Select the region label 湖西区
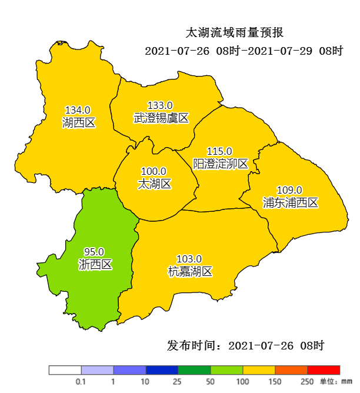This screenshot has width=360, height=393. (x=78, y=122)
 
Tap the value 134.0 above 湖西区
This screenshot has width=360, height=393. (x=78, y=110)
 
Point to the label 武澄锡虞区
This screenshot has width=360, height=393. (x=161, y=118)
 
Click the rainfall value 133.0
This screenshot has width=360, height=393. (x=160, y=105)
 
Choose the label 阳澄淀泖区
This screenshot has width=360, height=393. (x=221, y=164)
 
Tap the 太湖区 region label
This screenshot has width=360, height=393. (x=154, y=184)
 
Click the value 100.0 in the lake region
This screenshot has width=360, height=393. (x=154, y=172)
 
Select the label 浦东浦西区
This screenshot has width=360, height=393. (x=290, y=202)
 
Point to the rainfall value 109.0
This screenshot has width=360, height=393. (x=289, y=190)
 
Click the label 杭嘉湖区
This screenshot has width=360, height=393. (x=189, y=271)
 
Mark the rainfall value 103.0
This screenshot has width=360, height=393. (x=189, y=259)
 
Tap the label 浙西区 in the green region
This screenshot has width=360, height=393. (x=95, y=265)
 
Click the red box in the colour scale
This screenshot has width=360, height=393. (x=324, y=370)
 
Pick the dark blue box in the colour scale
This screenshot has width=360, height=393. (x=162, y=370)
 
